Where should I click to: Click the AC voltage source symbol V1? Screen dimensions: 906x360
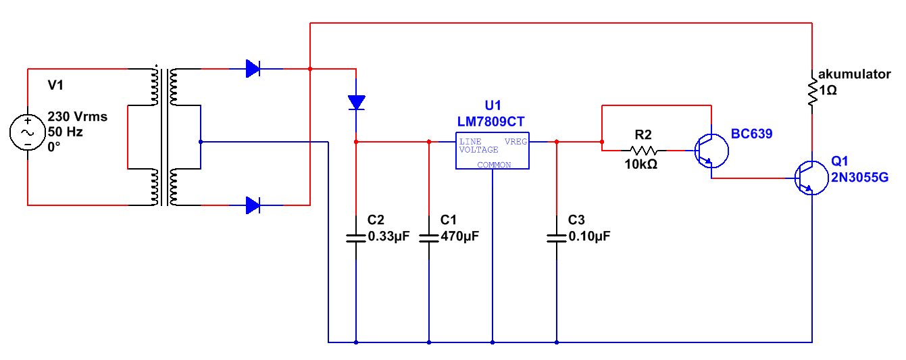coord(28,132)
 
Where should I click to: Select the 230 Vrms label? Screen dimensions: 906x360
coord(77,116)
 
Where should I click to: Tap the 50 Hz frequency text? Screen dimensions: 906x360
coord(65,132)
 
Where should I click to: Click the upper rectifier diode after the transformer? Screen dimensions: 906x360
coord(253,69)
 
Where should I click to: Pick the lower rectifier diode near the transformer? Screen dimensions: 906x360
coord(253,205)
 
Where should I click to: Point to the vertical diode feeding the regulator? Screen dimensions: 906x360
coord(356,103)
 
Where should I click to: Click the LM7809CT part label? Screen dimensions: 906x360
coord(490,122)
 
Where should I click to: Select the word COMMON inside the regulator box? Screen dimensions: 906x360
coord(494,165)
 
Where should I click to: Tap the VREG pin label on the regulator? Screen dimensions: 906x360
coord(515,142)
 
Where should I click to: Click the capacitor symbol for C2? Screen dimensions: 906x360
coord(356,238)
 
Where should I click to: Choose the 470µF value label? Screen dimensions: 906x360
coord(460,236)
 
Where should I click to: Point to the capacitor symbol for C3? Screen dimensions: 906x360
coord(557,238)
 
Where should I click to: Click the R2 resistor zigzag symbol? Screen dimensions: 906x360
coord(643,151)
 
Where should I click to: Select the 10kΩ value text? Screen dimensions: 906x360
coord(640,164)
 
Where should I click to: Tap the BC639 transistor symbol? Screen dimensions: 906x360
coord(711,151)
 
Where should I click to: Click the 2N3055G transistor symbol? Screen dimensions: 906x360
coord(811,178)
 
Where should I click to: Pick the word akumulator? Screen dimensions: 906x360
coord(854,74)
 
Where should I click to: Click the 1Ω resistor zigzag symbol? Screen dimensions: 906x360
coord(812,92)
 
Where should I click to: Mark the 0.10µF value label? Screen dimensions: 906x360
coord(589,236)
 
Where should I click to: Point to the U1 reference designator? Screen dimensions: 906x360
coord(493,105)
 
